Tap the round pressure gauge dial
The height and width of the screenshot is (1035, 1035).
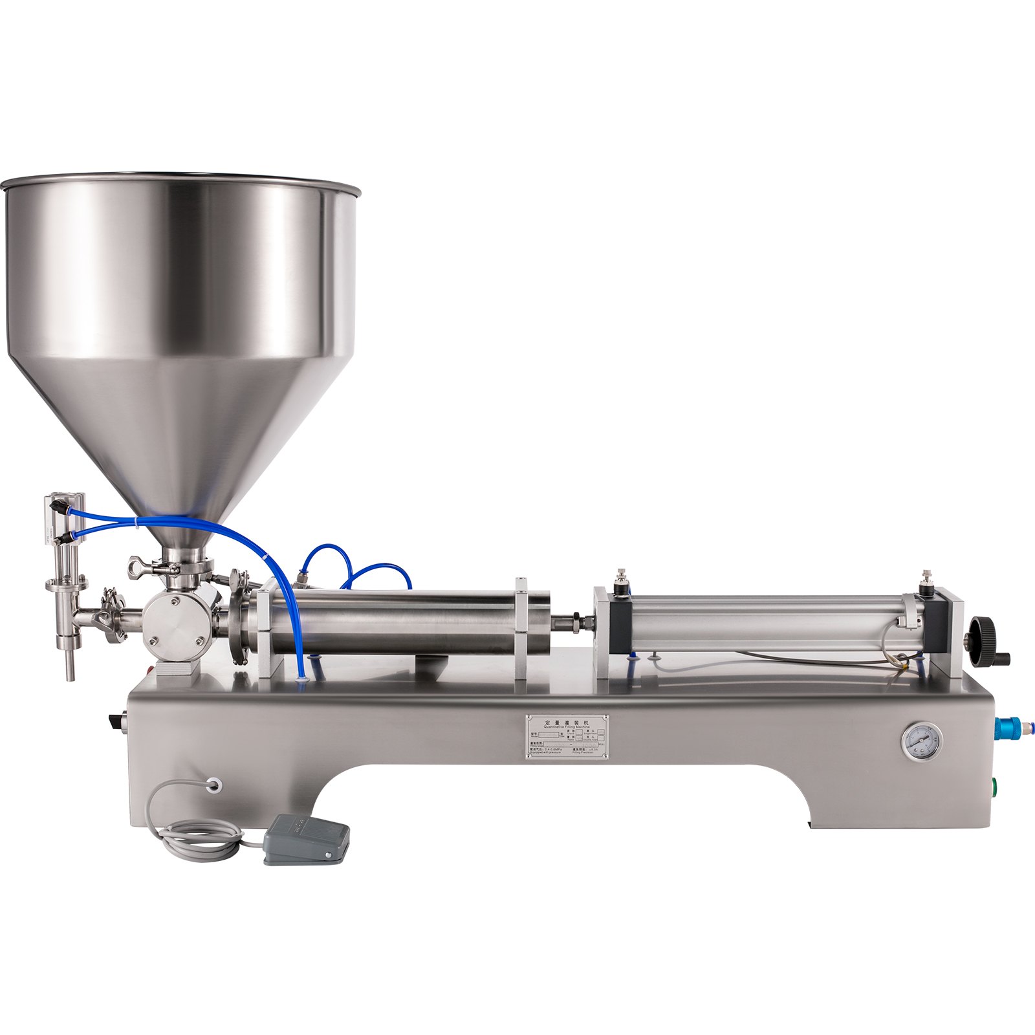pos(921,742)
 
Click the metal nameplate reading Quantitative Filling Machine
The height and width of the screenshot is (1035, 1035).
pos(567,736)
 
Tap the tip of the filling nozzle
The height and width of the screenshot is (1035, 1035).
pos(70,673)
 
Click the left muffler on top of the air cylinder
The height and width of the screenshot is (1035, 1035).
pos(622,576)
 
